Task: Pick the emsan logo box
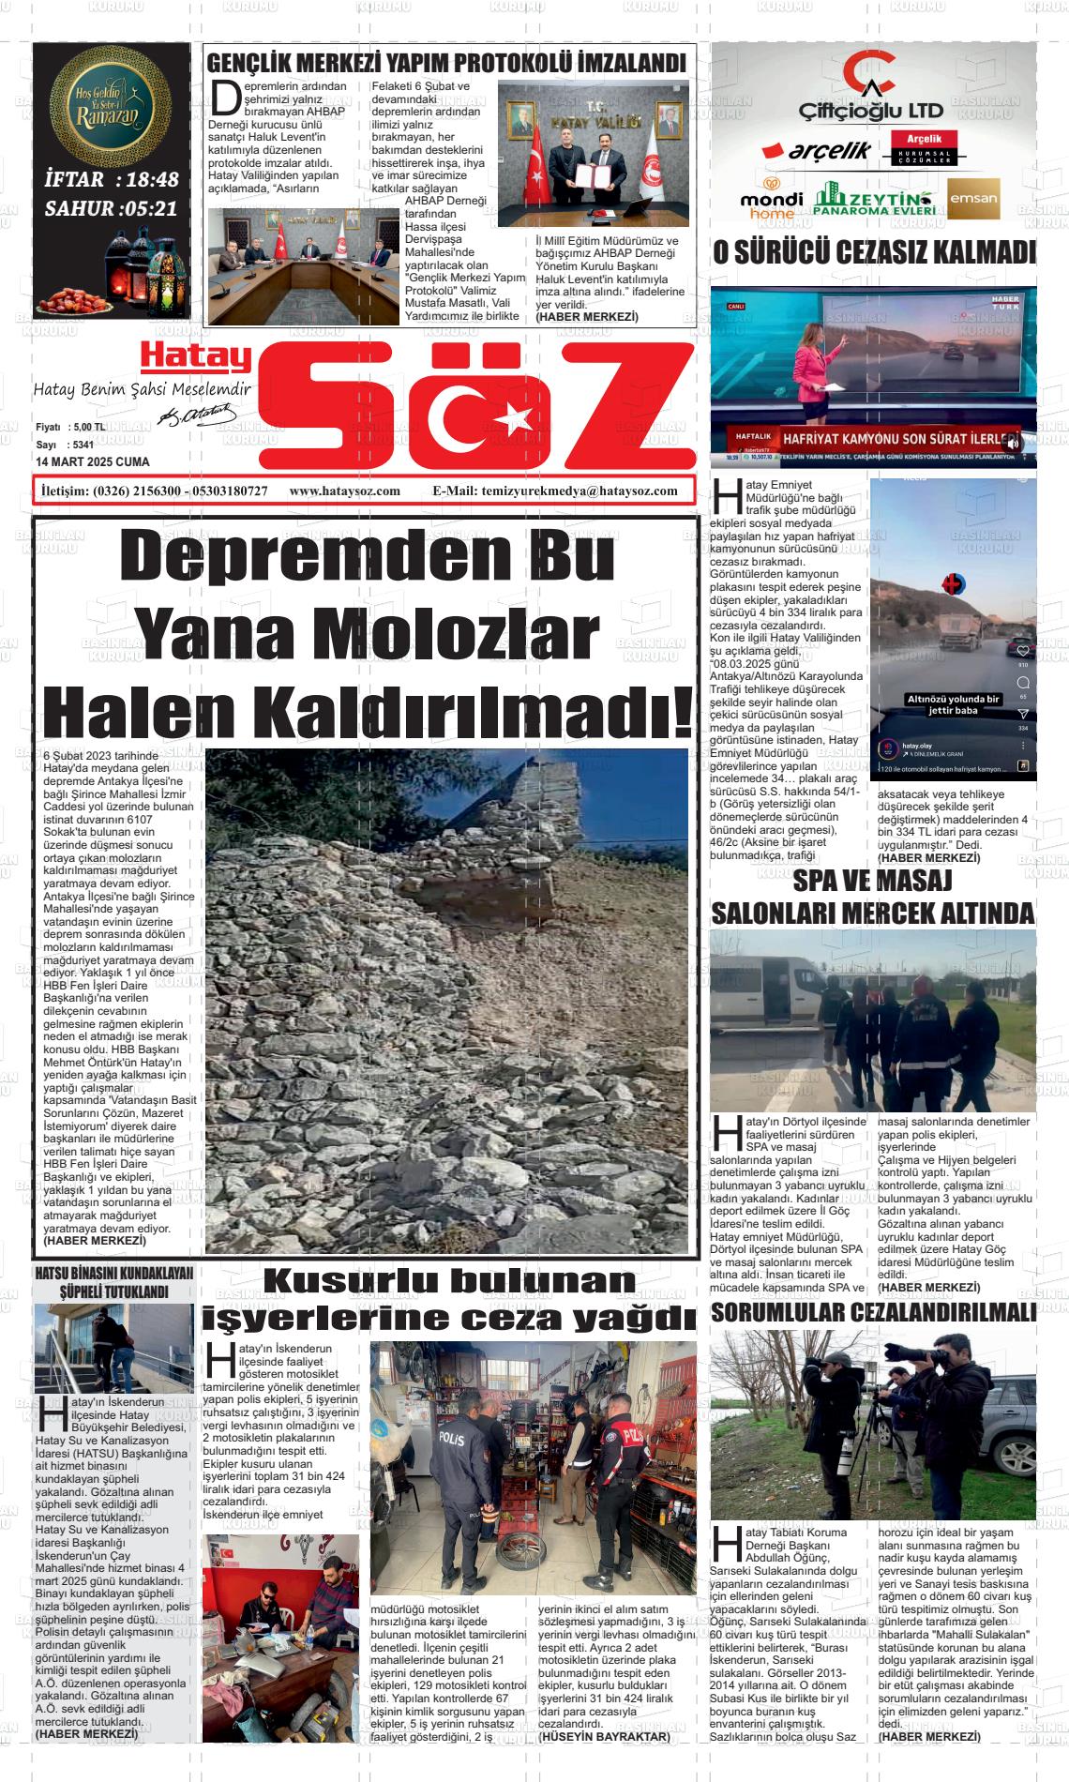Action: click(x=973, y=198)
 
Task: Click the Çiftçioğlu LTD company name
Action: click(x=871, y=111)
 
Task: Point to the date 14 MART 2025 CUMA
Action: click(x=92, y=462)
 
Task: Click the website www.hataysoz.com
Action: click(x=344, y=491)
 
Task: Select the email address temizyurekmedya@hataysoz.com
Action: click(x=580, y=491)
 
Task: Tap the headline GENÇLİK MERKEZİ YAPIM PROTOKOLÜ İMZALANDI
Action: click(x=445, y=64)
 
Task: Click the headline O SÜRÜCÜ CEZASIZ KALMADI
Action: click(x=874, y=253)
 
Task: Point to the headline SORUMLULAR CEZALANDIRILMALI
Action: click(x=874, y=1312)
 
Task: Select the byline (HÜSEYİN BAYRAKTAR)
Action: click(x=605, y=1736)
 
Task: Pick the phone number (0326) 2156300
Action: click(x=137, y=491)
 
